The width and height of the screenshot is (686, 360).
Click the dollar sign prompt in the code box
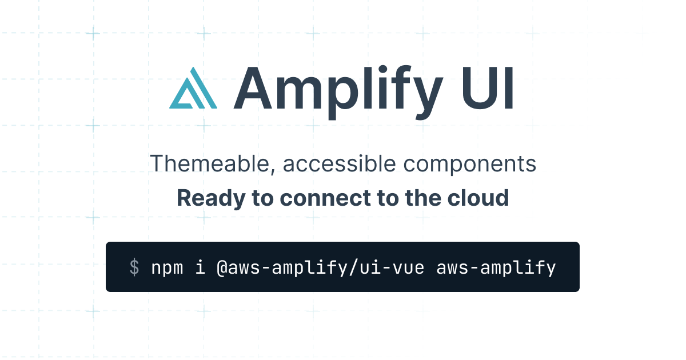(134, 267)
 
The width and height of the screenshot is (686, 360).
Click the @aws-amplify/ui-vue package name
(320, 267)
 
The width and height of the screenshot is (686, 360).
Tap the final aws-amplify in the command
(496, 267)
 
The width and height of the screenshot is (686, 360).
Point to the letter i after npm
(200, 267)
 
